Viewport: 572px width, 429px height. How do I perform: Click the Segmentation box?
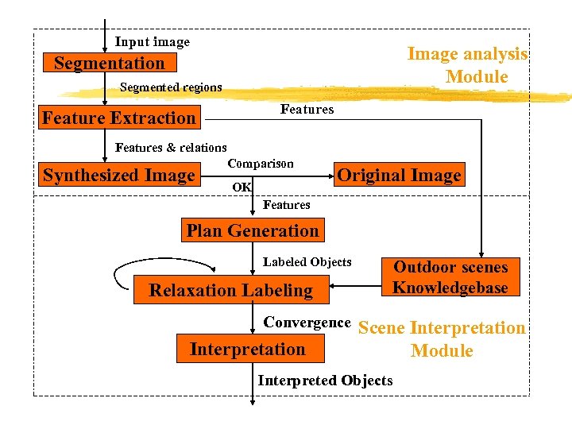(x=110, y=64)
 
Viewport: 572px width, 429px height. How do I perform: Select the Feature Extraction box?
(x=119, y=118)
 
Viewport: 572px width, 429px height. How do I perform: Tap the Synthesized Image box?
(x=119, y=176)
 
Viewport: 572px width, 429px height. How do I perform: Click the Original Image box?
(x=399, y=176)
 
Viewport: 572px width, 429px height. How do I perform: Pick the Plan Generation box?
(x=252, y=231)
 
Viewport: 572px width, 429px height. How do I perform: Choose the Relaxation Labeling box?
(x=231, y=290)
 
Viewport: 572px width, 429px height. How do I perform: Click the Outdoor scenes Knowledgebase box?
(x=450, y=277)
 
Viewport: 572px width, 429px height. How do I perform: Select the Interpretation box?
(x=248, y=349)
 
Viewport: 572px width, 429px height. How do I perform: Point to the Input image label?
(x=153, y=42)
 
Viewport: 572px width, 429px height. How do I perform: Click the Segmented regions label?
(x=171, y=87)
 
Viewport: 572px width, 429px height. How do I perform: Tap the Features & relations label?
(x=171, y=147)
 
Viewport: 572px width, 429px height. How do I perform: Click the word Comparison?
(x=261, y=164)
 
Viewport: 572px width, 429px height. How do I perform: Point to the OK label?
(x=242, y=187)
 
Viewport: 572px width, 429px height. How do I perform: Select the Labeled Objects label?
(x=307, y=262)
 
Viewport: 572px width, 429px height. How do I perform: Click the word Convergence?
(x=307, y=323)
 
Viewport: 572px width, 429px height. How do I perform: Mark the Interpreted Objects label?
(x=325, y=381)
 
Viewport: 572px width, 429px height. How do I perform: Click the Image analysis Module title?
(x=468, y=65)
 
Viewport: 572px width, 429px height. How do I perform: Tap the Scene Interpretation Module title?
(x=443, y=339)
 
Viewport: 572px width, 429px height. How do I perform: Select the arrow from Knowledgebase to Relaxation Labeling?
(x=357, y=288)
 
